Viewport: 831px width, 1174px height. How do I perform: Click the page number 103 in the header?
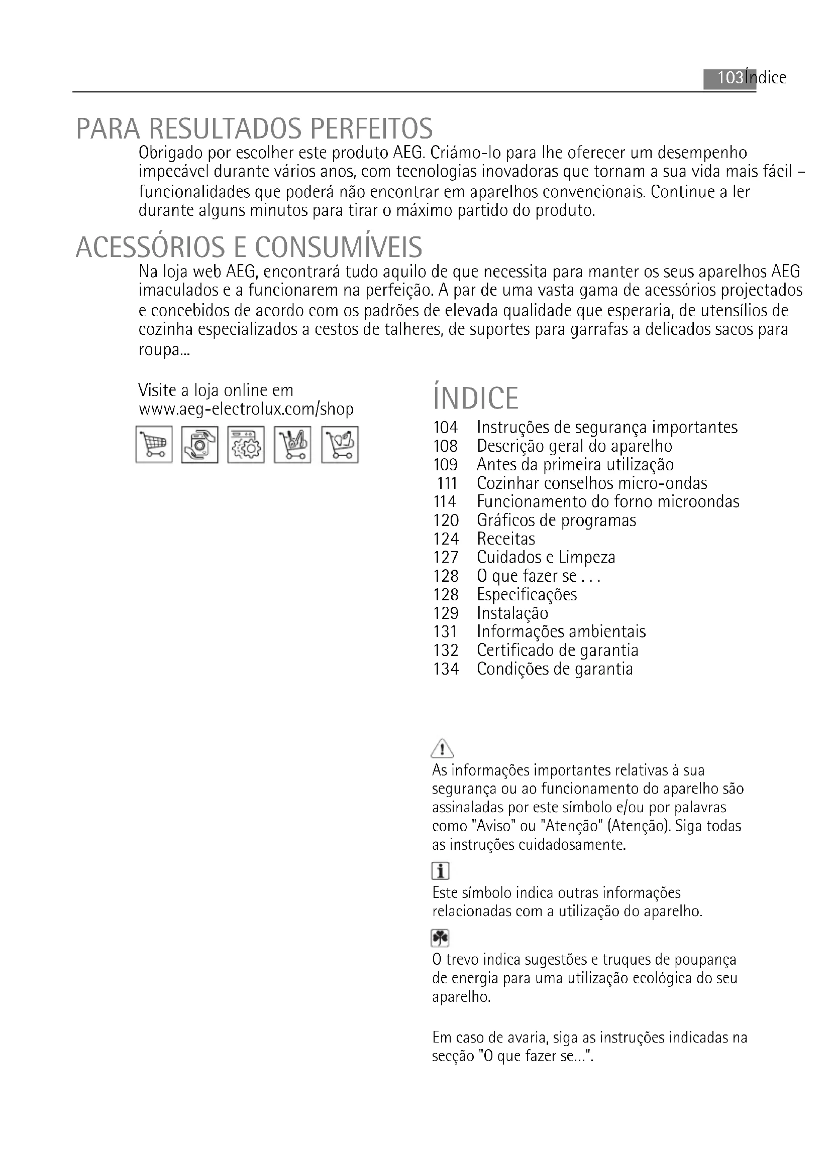click(730, 78)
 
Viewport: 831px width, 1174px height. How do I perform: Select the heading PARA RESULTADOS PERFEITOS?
click(254, 129)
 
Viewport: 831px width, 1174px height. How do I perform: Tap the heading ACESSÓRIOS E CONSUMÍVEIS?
click(249, 247)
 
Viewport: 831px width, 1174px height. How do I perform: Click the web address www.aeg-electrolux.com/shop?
click(246, 410)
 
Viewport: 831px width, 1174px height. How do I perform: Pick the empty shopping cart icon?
click(154, 445)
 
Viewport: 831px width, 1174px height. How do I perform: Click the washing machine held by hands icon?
click(199, 445)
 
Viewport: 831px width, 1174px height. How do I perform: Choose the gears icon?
click(246, 445)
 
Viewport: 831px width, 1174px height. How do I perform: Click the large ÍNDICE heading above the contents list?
click(475, 399)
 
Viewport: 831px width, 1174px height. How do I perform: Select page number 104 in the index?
click(445, 428)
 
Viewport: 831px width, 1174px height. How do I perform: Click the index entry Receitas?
click(505, 539)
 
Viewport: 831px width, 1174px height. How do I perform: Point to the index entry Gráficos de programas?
click(556, 520)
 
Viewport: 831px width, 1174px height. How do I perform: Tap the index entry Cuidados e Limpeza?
click(546, 557)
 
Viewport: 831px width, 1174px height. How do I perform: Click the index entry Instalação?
click(512, 613)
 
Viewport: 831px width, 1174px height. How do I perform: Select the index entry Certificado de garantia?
click(557, 650)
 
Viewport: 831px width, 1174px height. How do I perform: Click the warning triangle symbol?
click(442, 749)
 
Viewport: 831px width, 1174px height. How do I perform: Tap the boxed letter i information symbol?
click(440, 871)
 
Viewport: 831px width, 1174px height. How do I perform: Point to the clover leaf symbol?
click(440, 938)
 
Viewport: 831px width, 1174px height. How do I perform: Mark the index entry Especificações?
click(527, 595)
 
